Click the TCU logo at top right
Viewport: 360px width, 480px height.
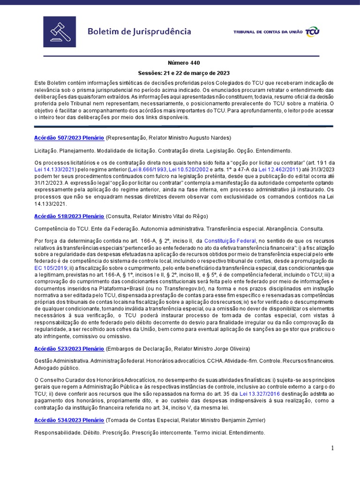(x=312, y=32)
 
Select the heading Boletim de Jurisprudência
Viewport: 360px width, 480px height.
(x=139, y=32)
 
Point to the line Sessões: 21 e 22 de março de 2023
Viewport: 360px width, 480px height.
(x=184, y=73)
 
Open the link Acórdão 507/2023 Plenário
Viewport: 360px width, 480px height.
(x=69, y=138)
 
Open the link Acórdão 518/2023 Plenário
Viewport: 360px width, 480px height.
(x=69, y=216)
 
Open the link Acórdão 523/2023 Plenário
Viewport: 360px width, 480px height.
(x=69, y=349)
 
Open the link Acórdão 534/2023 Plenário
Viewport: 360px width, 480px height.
(x=69, y=420)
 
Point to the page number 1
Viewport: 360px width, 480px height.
(x=332, y=448)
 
